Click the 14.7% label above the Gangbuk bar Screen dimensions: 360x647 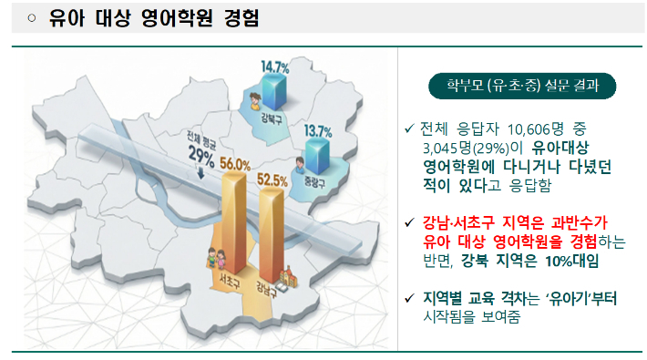click(274, 67)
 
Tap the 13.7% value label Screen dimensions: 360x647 click(318, 131)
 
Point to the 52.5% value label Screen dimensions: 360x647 click(273, 180)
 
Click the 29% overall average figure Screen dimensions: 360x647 click(201, 155)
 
